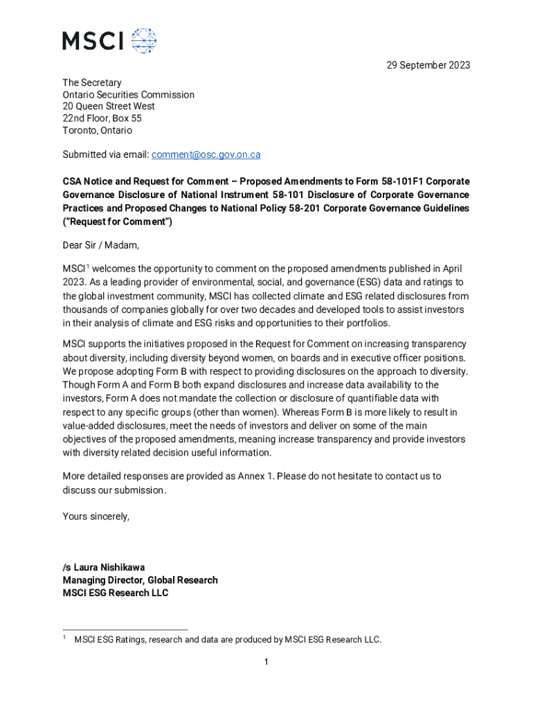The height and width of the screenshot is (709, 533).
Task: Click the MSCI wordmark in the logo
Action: [93, 41]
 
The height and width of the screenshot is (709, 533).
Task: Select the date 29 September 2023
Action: [428, 65]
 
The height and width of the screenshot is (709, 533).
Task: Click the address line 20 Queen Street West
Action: [109, 106]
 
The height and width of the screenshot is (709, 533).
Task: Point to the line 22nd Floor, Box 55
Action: [102, 118]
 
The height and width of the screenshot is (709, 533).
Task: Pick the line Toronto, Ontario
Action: [97, 130]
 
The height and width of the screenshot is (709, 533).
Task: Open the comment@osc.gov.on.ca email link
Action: [206, 154]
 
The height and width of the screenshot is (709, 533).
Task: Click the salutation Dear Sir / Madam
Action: [100, 244]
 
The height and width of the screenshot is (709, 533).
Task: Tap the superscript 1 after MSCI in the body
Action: [87, 266]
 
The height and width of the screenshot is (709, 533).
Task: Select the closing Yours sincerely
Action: [96, 517]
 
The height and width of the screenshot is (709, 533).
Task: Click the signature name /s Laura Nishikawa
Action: [104, 567]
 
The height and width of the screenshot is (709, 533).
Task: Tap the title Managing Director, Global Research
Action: [140, 580]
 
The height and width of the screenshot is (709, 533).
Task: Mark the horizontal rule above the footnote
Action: [125, 629]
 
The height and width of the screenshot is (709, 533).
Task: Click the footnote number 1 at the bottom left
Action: [64, 638]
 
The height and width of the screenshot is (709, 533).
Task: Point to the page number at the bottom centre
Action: [266, 663]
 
